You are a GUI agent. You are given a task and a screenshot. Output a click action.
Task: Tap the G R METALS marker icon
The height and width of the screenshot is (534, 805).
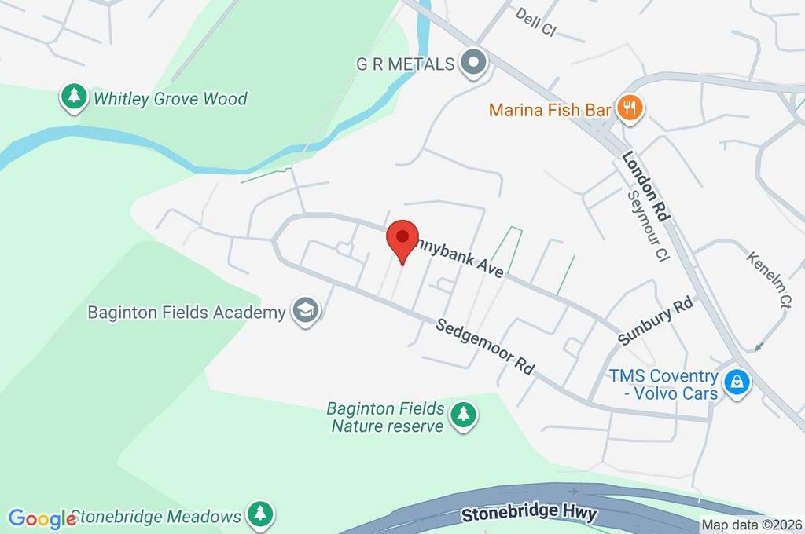473,63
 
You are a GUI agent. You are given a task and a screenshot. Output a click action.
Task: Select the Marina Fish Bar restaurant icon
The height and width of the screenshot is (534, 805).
628,108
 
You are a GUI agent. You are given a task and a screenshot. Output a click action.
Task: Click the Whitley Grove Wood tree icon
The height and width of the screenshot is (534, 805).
75,97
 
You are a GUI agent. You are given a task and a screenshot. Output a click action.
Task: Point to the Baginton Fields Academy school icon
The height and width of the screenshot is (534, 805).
304,311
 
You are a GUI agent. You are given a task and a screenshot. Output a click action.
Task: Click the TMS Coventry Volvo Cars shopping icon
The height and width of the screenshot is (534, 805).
737,383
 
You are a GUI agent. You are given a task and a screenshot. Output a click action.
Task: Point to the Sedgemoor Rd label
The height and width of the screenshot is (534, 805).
485,346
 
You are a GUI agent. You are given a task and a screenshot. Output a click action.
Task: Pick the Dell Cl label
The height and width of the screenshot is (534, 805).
535,21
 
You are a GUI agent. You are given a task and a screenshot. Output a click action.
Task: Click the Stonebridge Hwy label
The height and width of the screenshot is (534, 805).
530,515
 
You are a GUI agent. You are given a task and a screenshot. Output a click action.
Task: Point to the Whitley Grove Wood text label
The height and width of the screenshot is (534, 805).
170,99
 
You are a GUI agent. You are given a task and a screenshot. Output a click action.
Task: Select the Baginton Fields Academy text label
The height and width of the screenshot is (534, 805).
186,313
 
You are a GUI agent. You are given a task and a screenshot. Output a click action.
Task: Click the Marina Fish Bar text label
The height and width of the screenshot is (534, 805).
550,109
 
